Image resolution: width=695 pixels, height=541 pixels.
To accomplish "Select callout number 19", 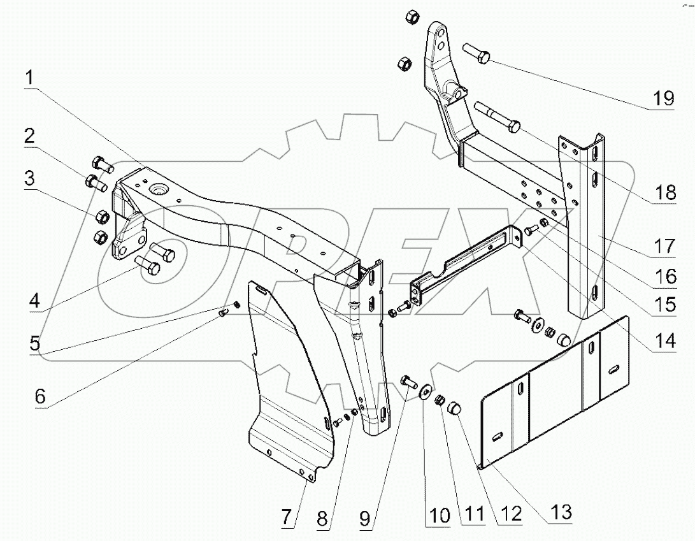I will point(663,98).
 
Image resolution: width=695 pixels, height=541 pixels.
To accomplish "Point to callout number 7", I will point(288,517).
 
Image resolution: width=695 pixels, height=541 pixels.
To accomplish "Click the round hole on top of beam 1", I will point(157,189).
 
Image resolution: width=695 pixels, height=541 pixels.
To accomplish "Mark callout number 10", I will point(438,514).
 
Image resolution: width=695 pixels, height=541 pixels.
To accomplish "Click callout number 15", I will point(663,304).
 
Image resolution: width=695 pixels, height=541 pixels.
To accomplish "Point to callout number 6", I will point(39,396).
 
